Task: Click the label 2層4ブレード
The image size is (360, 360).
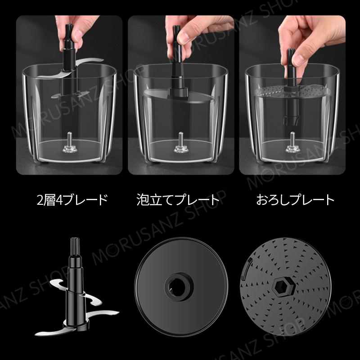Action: pos(72,200)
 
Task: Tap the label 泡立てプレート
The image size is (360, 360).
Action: pos(178,200)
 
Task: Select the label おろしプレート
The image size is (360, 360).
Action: pos(295,200)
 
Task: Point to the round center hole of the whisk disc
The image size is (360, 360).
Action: pos(178,287)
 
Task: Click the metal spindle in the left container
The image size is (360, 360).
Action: pos(70,142)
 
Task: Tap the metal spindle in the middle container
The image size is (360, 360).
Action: pos(181,142)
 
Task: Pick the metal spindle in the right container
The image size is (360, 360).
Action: pos(292,142)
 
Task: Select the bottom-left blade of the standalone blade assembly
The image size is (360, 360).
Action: pos(50,331)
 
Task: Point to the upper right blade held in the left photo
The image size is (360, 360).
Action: pos(90,61)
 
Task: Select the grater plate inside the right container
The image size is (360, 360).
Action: pos(292,91)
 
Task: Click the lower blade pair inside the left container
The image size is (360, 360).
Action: pos(70,94)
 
